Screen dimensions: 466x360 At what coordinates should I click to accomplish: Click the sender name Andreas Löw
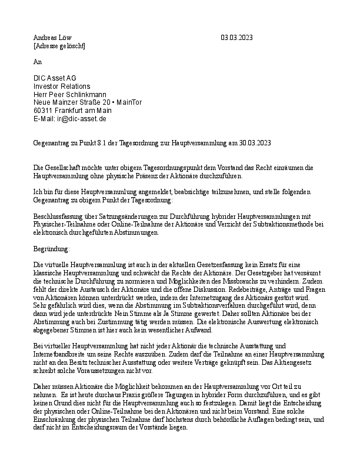(x=52, y=38)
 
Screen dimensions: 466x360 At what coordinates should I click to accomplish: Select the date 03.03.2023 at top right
(x=236, y=38)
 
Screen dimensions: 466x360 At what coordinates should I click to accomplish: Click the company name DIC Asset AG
(x=55, y=78)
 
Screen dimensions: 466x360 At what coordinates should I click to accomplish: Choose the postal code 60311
(x=44, y=111)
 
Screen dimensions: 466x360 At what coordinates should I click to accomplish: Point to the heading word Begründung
(x=51, y=249)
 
